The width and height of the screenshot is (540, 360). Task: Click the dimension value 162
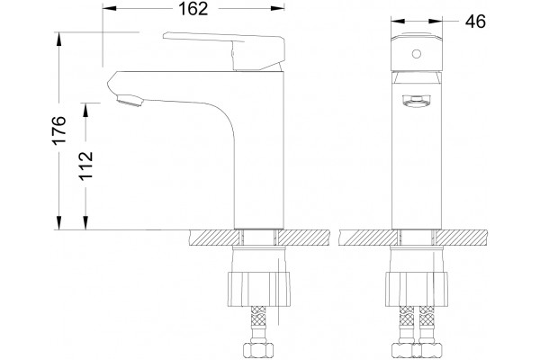tap(193, 9)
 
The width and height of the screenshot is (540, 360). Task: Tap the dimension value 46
tap(475, 22)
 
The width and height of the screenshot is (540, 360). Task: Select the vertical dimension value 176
tap(59, 130)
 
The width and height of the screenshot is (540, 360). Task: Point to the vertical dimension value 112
tap(85, 166)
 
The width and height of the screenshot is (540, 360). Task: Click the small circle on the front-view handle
tap(417, 54)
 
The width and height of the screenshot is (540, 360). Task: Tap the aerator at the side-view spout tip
tap(130, 101)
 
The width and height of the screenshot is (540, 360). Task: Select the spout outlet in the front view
tap(417, 101)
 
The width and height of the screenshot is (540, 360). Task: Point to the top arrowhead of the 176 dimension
tap(59, 38)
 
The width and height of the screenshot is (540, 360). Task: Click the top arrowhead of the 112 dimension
tap(85, 109)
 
